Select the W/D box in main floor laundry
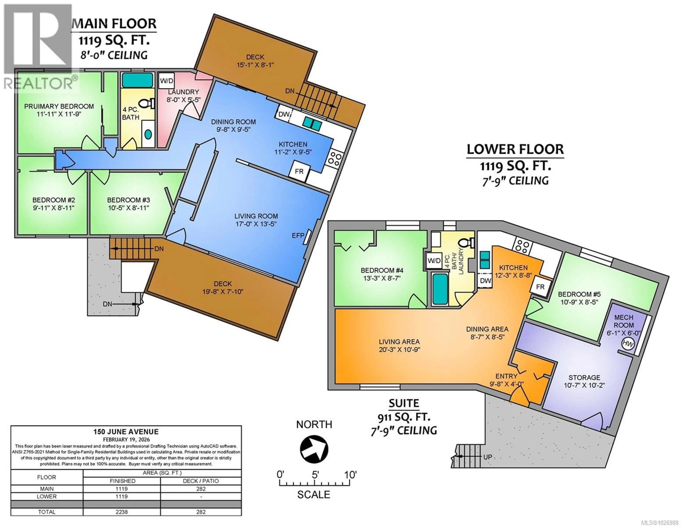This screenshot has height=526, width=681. tap(167, 81)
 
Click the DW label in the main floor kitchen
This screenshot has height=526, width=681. tap(284, 114)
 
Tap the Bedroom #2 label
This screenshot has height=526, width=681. tap(54, 200)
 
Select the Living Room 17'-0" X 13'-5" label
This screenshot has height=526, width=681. tap(256, 219)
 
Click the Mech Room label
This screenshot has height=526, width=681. tap(624, 321)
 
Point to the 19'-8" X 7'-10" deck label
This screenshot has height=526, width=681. tap(223, 288)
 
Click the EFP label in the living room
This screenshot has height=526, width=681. tap(298, 236)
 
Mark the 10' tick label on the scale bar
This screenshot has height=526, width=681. tap(350, 475)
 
